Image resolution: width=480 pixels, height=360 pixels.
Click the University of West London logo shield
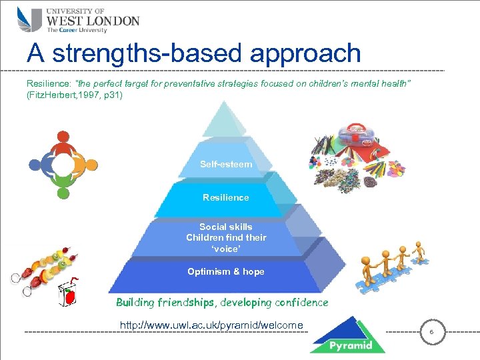click(29, 20)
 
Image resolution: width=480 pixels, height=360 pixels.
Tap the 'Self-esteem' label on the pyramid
click(226, 164)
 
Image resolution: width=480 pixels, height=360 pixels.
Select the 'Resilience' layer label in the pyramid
click(226, 197)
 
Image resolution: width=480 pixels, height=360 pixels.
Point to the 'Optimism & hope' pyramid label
click(226, 271)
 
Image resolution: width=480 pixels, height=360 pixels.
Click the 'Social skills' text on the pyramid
click(226, 227)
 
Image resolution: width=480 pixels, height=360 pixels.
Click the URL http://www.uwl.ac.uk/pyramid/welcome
click(211, 325)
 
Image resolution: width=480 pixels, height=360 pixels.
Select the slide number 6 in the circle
click(431, 331)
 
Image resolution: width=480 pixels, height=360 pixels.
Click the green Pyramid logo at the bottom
click(347, 337)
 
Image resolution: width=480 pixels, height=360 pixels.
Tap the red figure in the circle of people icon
click(63, 139)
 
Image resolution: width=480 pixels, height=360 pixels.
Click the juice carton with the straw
click(70, 295)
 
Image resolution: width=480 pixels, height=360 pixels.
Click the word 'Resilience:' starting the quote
click(49, 84)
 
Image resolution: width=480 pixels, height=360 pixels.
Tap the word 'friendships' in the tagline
click(186, 303)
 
